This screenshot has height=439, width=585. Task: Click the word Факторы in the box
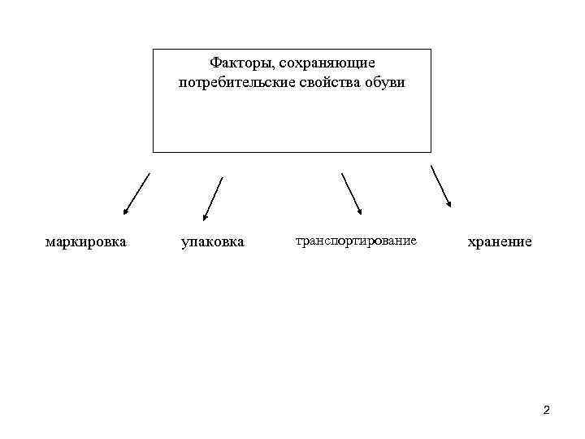234,63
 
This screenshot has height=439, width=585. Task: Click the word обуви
385,83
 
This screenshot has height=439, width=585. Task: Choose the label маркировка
85,241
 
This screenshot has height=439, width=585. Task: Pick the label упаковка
212,242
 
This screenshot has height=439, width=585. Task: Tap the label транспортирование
356,241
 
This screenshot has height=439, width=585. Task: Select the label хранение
499,241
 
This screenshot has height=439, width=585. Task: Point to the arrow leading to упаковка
213,199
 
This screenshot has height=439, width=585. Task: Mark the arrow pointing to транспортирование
351,194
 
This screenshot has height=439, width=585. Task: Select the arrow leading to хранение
441,188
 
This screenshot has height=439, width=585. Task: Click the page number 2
546,410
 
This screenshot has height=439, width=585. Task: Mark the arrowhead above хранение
449,206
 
